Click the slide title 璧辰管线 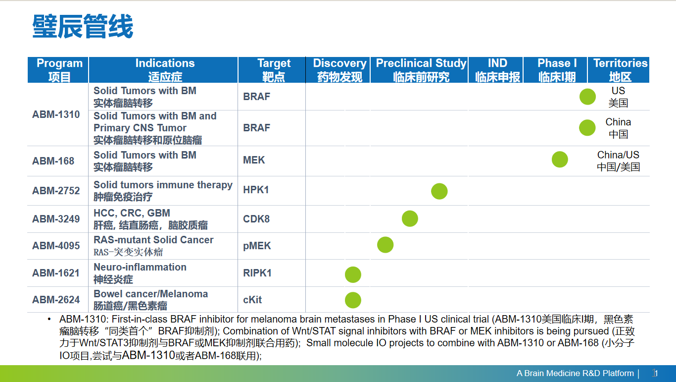click(x=83, y=26)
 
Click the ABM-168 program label click(x=53, y=161)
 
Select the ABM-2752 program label click(x=56, y=191)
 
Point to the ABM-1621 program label click(x=56, y=273)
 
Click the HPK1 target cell click(x=256, y=190)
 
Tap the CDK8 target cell click(x=256, y=219)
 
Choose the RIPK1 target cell click(x=257, y=273)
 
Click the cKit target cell click(x=252, y=300)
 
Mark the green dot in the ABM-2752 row click(x=439, y=191)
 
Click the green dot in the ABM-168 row click(x=560, y=159)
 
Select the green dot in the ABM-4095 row click(x=386, y=245)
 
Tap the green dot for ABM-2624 click(x=353, y=300)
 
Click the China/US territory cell click(x=619, y=161)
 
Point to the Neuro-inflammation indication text click(x=140, y=267)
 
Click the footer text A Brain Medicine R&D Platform click(x=575, y=373)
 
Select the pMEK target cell click(x=257, y=246)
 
